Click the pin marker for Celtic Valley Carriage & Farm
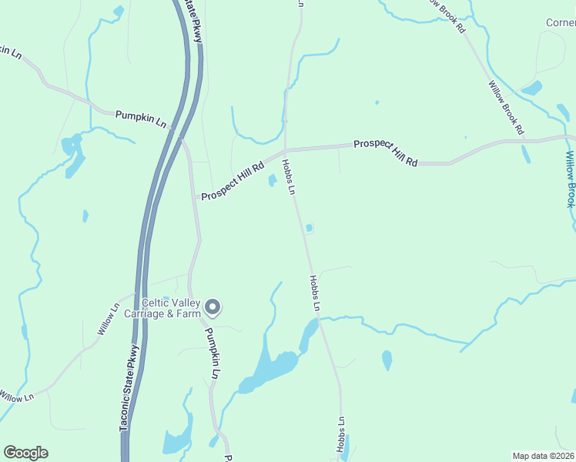click(x=214, y=307)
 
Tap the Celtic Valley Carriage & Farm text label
click(x=171, y=307)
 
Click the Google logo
click(x=25, y=453)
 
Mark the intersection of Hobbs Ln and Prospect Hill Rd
click(x=285, y=149)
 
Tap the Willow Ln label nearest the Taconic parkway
click(x=109, y=319)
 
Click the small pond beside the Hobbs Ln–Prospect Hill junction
click(x=273, y=181)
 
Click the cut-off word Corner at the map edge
click(x=560, y=22)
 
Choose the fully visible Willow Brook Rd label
click(x=506, y=107)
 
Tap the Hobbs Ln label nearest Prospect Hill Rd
click(x=289, y=176)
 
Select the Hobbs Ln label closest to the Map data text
click(x=341, y=434)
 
